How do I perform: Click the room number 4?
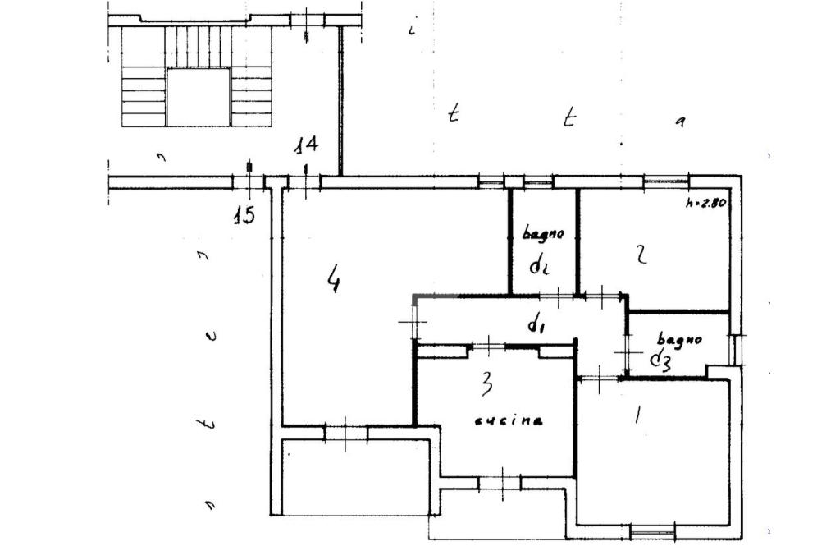coord(333,280)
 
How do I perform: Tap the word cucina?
coord(509,420)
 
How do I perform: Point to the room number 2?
coord(641,254)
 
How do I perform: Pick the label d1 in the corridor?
coord(536,325)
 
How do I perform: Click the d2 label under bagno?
coord(539,266)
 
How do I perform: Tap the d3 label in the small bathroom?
coord(661,360)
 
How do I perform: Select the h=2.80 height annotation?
coord(705,204)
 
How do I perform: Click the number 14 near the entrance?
coord(307,146)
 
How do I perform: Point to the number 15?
coord(243,215)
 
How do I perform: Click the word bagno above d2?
coord(544,234)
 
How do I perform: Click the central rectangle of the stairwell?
coord(198,97)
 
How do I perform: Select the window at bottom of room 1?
coord(653,532)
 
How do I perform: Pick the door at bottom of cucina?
coord(500,482)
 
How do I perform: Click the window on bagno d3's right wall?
coord(737,349)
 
